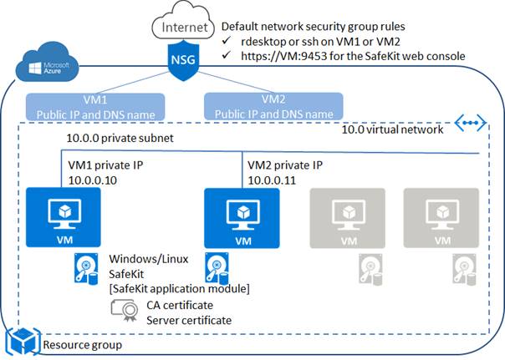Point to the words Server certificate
coord(190,320)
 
